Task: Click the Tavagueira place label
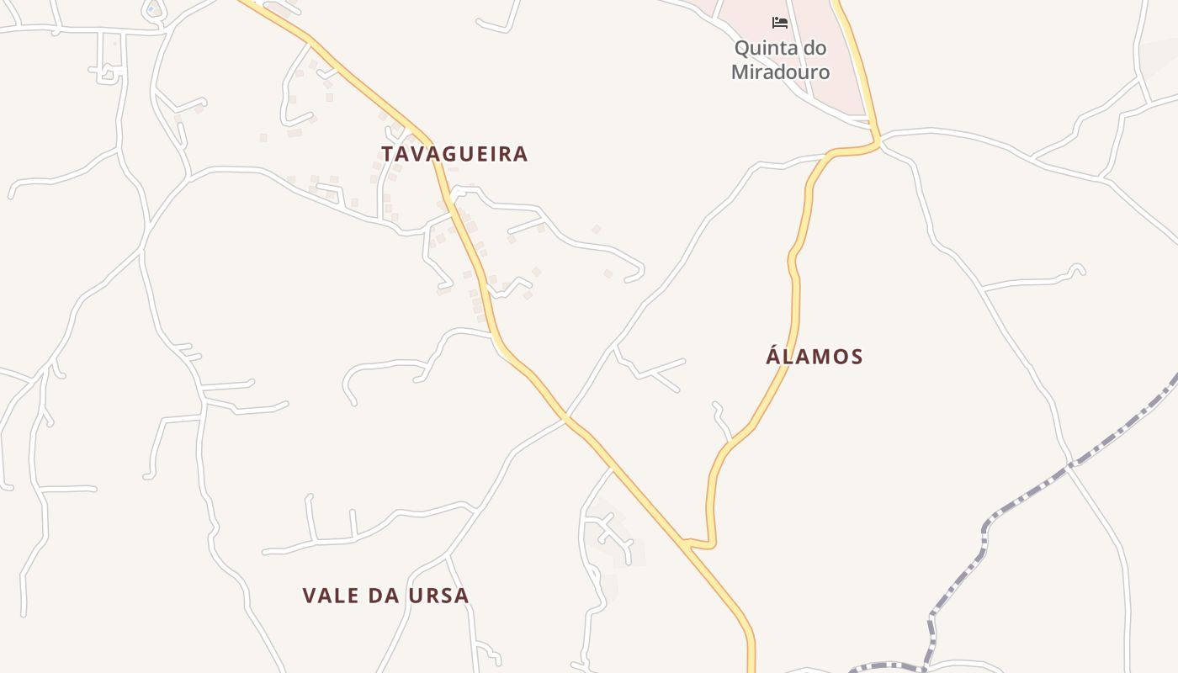454,154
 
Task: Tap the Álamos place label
815,357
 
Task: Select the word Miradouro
780,72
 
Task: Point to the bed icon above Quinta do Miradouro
780,22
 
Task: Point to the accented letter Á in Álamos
774,356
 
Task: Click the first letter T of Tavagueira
388,154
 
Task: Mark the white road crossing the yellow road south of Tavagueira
565,416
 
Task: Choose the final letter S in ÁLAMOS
857,357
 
